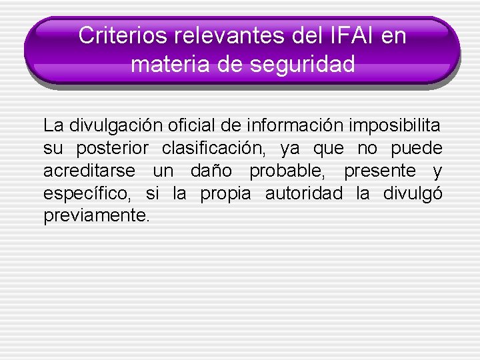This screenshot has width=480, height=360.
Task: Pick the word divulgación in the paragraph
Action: tap(110, 125)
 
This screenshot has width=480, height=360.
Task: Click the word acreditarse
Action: tap(89, 171)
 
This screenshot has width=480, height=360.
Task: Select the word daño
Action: tap(211, 171)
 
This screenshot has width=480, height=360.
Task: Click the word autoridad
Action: tap(304, 194)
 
